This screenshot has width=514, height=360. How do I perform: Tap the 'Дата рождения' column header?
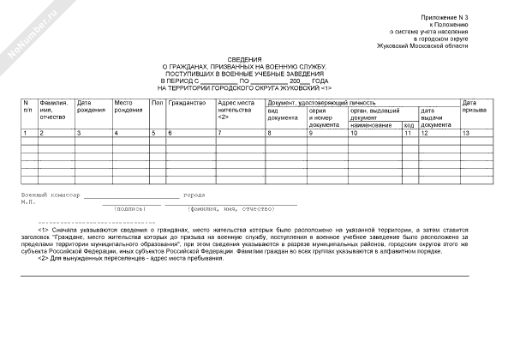tap(90, 107)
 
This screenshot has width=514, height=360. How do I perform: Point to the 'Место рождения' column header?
tap(128, 107)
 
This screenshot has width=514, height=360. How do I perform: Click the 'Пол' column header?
tap(156, 103)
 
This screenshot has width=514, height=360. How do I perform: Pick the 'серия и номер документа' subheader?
tap(324, 117)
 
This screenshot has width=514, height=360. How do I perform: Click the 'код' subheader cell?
tap(409, 125)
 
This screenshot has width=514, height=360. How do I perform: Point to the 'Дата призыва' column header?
tap(475, 106)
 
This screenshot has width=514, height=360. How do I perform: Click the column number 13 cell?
tap(466, 134)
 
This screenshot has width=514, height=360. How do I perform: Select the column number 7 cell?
tap(220, 134)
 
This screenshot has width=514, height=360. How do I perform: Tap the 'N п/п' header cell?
tap(28, 106)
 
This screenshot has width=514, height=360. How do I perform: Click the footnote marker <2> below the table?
tap(43, 258)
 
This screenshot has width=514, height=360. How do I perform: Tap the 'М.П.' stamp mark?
tap(28, 202)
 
